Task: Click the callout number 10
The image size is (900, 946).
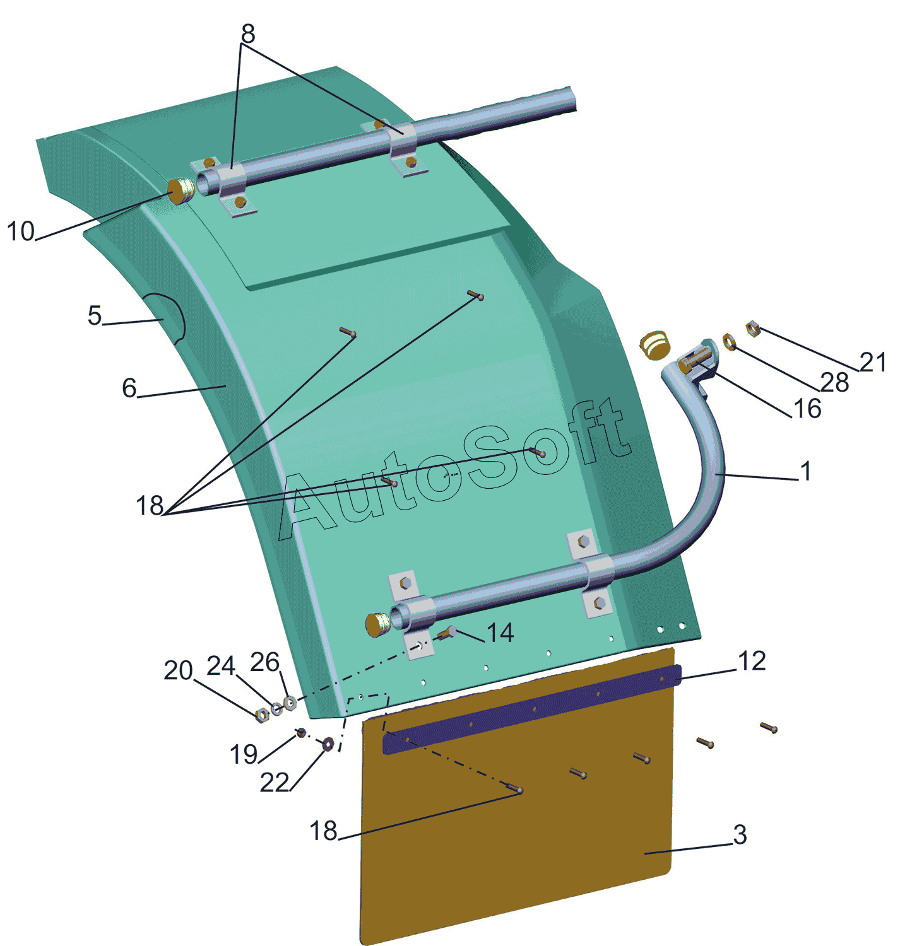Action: pyautogui.click(x=21, y=231)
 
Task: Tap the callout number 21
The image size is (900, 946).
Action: pyautogui.click(x=873, y=363)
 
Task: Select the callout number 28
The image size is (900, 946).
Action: pyautogui.click(x=834, y=383)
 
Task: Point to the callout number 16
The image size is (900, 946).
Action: pyautogui.click(x=807, y=409)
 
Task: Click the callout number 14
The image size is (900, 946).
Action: pyautogui.click(x=500, y=633)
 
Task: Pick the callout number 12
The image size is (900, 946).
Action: pyautogui.click(x=751, y=661)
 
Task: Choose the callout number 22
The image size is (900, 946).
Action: pyautogui.click(x=275, y=782)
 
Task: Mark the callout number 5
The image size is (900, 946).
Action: pyautogui.click(x=95, y=316)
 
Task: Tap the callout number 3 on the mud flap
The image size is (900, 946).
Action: pyautogui.click(x=740, y=835)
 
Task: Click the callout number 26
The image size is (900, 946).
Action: pyautogui.click(x=264, y=662)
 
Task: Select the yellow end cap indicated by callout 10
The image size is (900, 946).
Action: pyautogui.click(x=181, y=192)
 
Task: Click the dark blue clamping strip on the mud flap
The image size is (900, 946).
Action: pyautogui.click(x=532, y=709)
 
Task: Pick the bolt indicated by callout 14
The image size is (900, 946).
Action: pyautogui.click(x=447, y=634)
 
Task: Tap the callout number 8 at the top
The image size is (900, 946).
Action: pyautogui.click(x=247, y=33)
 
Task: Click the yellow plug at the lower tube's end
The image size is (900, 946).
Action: pyautogui.click(x=379, y=624)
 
